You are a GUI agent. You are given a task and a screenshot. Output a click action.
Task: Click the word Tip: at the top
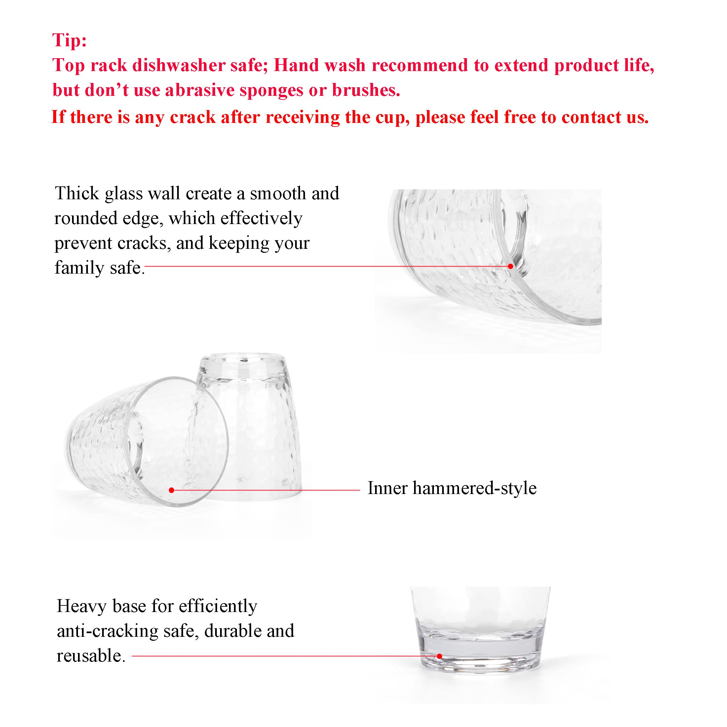(x=70, y=40)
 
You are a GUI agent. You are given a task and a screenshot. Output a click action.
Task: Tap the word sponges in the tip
(x=271, y=91)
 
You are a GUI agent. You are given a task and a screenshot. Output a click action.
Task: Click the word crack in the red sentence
(x=193, y=117)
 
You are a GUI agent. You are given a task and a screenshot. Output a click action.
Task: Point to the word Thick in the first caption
(x=77, y=193)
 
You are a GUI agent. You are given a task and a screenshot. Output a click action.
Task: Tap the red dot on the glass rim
(x=510, y=266)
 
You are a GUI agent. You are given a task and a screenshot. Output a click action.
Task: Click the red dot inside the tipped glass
(x=172, y=490)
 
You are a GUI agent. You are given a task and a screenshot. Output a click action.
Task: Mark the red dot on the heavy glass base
(x=439, y=656)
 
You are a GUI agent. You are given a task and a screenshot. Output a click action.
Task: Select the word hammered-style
(x=475, y=488)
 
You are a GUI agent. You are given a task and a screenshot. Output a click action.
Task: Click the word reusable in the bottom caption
(x=90, y=656)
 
